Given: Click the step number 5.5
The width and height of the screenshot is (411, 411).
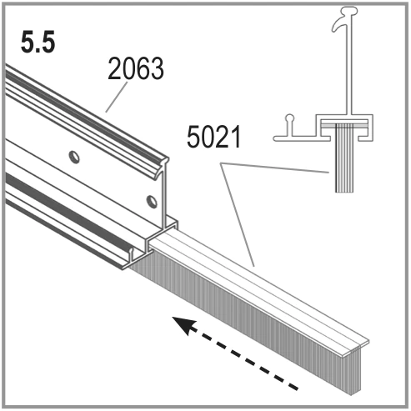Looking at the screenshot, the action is coord(38,43).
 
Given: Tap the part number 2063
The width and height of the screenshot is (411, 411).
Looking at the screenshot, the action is coord(136,68).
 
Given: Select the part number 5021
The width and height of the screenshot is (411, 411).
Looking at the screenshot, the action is coord(213,137).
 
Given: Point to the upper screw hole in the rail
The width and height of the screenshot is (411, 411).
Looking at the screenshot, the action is coord(74,157).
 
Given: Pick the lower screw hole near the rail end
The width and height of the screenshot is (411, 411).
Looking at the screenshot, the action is coord(152,202).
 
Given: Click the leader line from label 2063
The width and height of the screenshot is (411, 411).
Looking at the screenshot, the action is coord(117,97).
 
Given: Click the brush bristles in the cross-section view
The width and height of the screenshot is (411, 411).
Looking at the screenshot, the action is coord(344,158).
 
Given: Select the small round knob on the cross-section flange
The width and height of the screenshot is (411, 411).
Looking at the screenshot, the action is coord(290,118).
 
